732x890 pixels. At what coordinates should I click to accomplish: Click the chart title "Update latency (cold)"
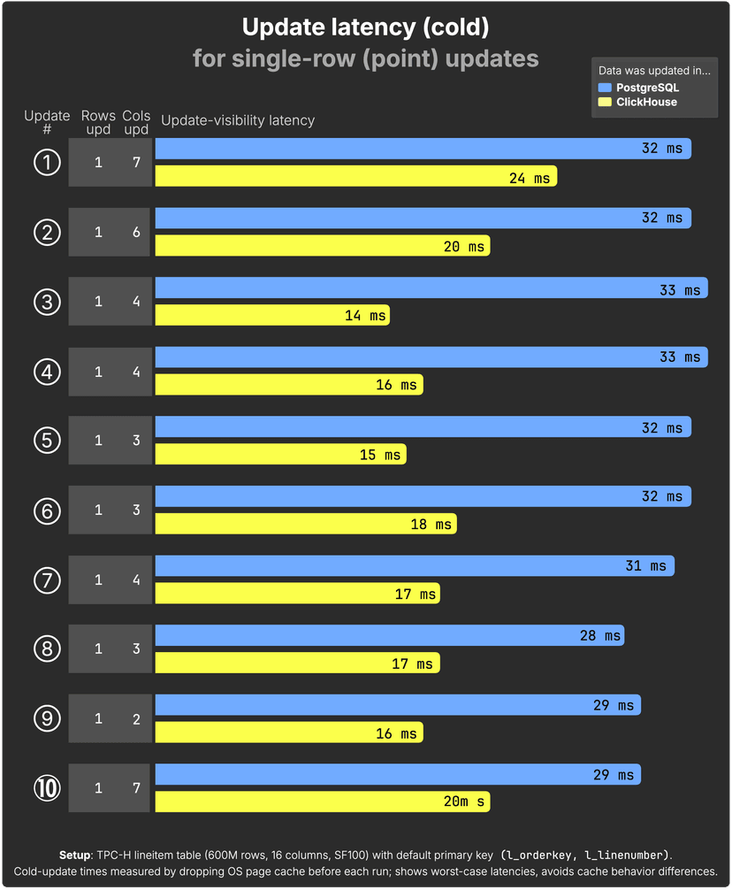[365, 27]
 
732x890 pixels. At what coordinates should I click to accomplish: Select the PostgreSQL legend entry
[646, 88]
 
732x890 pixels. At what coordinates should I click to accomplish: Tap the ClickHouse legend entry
[645, 102]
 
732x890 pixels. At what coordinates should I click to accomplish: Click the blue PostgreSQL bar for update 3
[431, 288]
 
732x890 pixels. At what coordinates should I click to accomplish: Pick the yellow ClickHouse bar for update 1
[355, 176]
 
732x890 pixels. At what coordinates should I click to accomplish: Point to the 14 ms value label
[365, 315]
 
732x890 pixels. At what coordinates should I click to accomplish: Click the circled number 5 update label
[47, 440]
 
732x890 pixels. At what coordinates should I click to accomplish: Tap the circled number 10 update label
[47, 787]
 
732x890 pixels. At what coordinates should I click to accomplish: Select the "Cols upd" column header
[136, 123]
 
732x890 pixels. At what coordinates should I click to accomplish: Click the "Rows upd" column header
[98, 123]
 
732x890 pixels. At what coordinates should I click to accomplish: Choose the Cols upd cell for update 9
[136, 718]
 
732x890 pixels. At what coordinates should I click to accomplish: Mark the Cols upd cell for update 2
[136, 232]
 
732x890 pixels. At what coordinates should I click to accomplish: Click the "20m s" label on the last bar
[463, 802]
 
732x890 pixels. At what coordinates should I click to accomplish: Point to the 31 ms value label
[645, 565]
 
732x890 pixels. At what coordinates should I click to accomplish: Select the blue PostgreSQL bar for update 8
[389, 634]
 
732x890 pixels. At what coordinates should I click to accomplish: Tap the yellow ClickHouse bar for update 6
[306, 524]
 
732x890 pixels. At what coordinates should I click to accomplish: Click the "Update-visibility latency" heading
[238, 120]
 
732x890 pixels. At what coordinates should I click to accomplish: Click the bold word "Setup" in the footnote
[74, 855]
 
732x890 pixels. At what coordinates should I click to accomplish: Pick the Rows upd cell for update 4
[98, 372]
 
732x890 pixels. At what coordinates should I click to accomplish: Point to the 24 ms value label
[529, 178]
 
